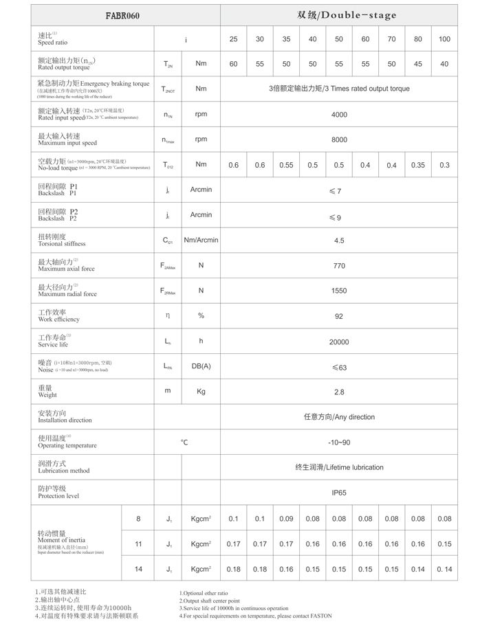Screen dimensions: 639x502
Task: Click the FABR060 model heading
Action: (122, 15)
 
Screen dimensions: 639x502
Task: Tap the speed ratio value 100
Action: (444, 39)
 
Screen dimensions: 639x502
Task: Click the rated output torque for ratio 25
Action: (234, 64)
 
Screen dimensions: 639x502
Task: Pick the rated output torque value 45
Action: (418, 64)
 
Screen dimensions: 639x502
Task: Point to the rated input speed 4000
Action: (339, 115)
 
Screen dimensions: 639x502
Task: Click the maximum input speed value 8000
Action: (339, 139)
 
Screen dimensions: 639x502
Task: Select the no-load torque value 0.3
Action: (444, 165)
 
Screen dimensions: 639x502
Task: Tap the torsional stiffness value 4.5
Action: (339, 240)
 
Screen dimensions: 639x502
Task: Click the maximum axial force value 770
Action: (339, 266)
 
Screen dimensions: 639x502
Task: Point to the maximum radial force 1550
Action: (339, 291)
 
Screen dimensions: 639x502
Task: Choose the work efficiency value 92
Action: (339, 316)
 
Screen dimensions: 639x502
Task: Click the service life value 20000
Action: (339, 341)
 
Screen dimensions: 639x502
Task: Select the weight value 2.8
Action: (339, 392)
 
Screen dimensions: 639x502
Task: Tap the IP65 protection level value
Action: (339, 493)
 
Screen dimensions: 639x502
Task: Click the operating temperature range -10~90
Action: (339, 442)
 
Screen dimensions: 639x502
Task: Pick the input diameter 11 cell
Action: (138, 543)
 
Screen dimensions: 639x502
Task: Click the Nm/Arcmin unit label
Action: (201, 240)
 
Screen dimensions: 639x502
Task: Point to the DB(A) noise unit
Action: (201, 366)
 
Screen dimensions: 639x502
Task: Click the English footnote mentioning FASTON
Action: (255, 616)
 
